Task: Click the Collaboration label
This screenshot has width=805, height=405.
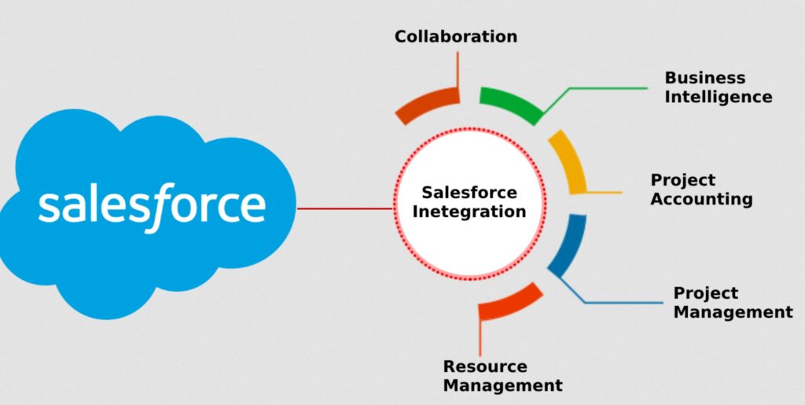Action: (456, 36)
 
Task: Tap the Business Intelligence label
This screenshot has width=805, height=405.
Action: (718, 87)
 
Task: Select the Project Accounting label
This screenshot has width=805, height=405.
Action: (701, 190)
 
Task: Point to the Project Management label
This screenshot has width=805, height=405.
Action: (733, 303)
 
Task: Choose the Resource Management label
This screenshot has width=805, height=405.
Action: (502, 376)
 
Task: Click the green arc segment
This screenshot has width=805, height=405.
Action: (511, 103)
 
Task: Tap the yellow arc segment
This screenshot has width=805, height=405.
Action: (569, 161)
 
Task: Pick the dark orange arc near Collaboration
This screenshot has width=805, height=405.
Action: (427, 105)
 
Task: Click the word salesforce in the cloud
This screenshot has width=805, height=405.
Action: (152, 205)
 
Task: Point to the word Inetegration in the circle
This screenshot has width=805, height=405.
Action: (470, 212)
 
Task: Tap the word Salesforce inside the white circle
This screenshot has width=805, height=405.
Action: (469, 193)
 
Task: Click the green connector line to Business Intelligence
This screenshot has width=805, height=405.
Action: (597, 89)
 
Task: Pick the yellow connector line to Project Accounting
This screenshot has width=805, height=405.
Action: (604, 192)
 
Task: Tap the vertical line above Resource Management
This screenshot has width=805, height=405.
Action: (480, 338)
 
